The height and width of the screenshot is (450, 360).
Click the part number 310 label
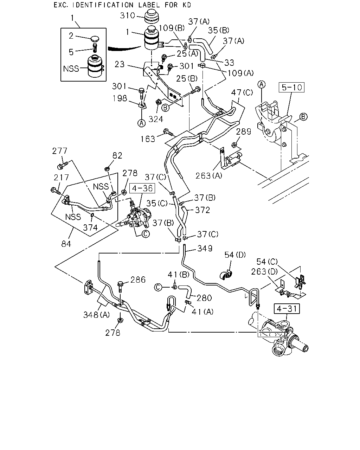(127, 15)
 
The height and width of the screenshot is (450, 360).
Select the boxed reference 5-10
(291, 87)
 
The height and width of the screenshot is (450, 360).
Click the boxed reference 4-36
(142, 188)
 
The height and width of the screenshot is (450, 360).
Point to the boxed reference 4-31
(287, 309)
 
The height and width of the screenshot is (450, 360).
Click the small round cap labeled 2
(95, 39)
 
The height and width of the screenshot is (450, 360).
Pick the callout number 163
(148, 139)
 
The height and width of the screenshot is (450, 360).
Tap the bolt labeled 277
(62, 165)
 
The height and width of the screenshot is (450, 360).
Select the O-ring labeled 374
(92, 215)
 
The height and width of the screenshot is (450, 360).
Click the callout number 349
(205, 249)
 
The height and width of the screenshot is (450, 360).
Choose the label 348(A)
(97, 315)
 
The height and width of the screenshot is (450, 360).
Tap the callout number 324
(156, 119)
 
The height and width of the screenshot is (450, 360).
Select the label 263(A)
(209, 176)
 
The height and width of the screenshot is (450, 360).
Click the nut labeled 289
(234, 144)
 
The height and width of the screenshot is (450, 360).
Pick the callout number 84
(66, 244)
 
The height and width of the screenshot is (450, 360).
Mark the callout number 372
(202, 210)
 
